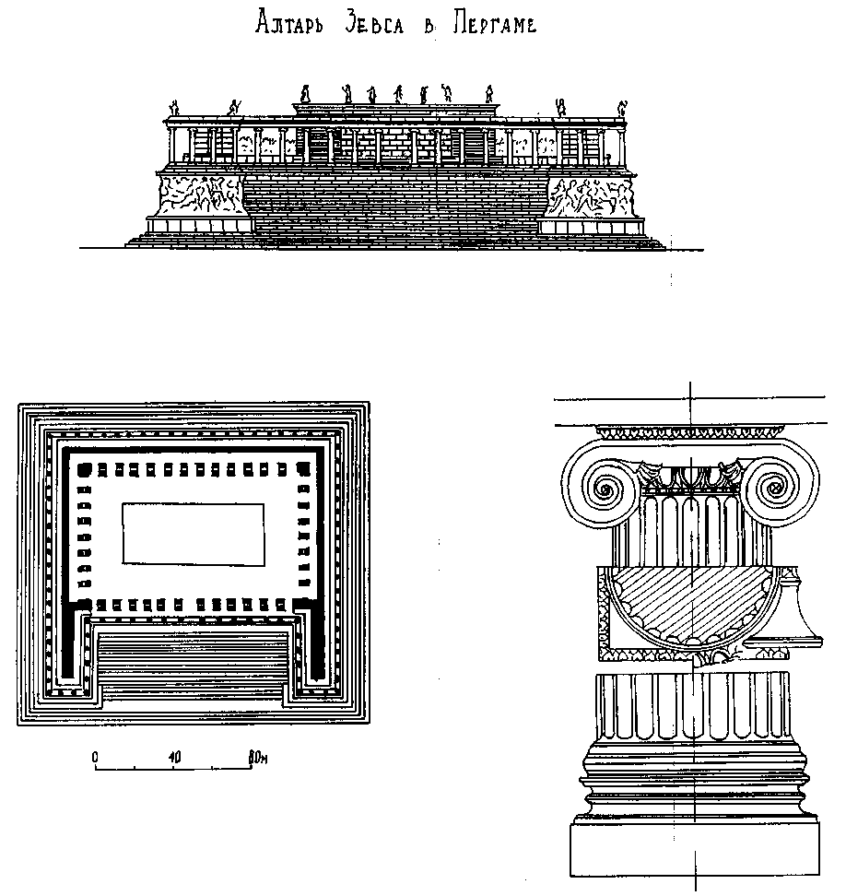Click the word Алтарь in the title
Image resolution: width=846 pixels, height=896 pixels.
(287, 26)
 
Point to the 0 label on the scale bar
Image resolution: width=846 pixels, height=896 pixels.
(95, 757)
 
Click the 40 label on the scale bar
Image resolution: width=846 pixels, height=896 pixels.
(174, 757)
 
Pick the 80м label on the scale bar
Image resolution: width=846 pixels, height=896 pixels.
(259, 757)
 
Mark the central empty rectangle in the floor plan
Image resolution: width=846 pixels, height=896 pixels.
(193, 532)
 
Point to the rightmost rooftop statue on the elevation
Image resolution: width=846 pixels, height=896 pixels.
(621, 108)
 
